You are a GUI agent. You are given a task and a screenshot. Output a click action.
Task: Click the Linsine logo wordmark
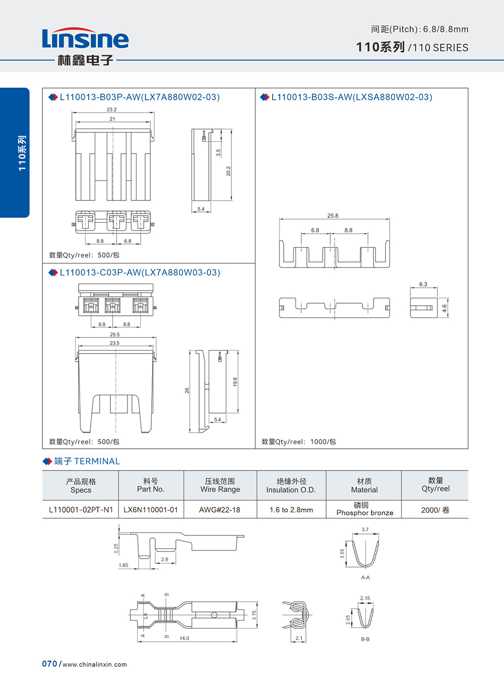point(85,38)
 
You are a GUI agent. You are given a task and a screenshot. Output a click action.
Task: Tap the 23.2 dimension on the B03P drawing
point(111,109)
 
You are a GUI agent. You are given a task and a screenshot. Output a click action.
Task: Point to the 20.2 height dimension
point(228,171)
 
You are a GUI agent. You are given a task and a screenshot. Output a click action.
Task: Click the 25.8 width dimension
point(333,216)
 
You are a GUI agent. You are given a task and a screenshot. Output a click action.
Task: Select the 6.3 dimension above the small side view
point(423,284)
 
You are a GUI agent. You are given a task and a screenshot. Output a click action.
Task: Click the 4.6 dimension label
point(445,308)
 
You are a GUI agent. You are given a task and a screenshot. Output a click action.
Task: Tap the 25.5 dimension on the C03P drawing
point(114,334)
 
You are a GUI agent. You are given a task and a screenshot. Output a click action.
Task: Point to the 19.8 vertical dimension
point(235,382)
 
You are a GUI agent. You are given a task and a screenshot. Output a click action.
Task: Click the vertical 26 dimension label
point(187,391)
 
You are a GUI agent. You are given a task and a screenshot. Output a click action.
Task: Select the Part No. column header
point(151,485)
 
